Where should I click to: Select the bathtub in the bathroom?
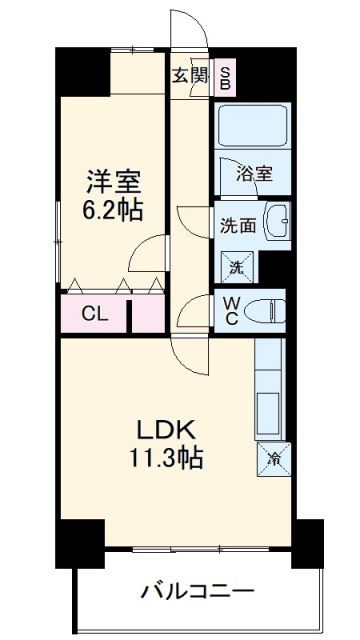coord(249,126)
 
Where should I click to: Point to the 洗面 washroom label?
coord(240,225)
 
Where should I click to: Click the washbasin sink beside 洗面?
coord(279,220)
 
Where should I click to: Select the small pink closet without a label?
coord(148,314)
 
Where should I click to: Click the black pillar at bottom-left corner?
coord(79,540)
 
